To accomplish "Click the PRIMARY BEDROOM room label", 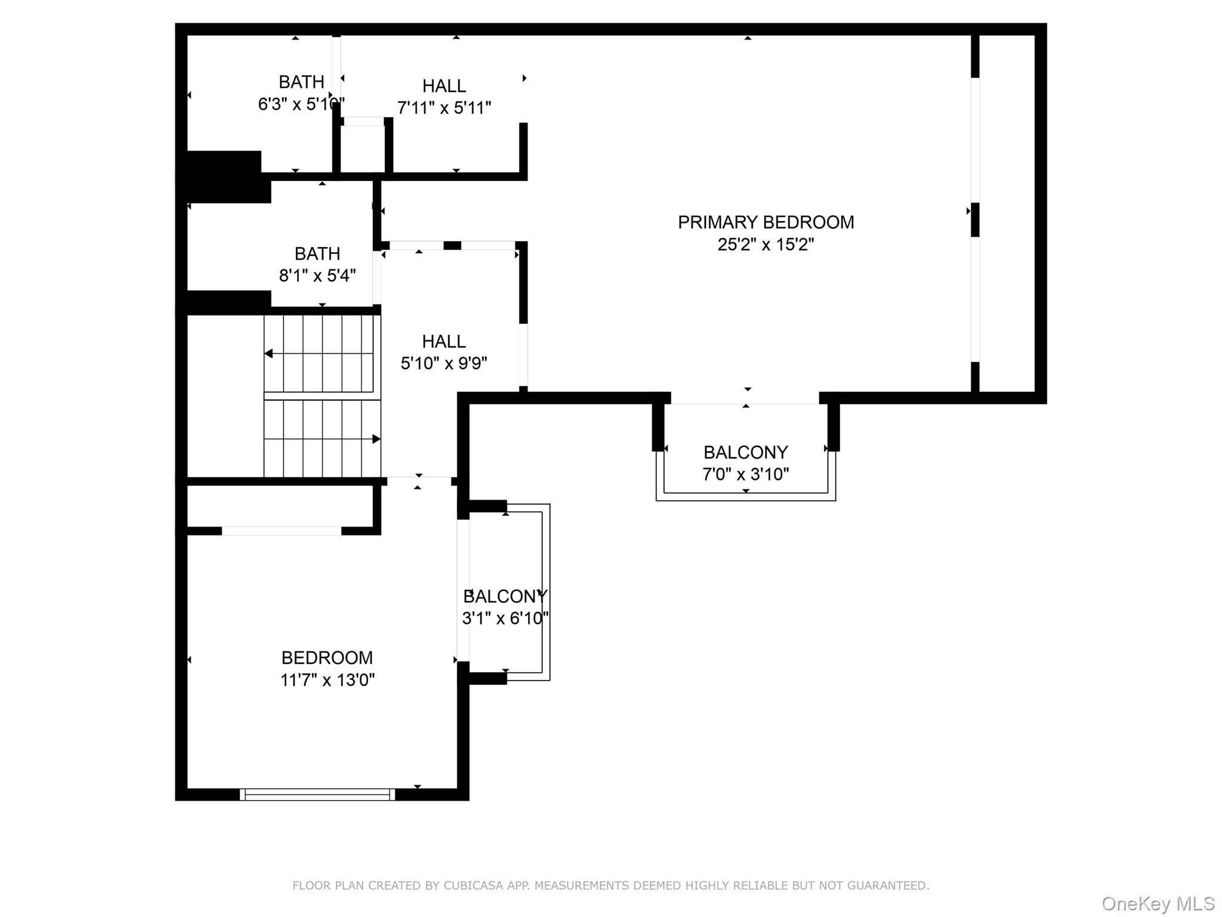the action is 766,222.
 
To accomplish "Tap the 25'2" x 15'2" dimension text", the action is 766,244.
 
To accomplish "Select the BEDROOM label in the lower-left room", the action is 327,657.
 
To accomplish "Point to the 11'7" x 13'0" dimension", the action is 327,679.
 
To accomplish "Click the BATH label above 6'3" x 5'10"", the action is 301,82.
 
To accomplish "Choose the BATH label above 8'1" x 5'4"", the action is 317,254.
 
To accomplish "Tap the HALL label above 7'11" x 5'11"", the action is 444,86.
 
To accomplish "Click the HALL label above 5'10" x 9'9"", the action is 444,341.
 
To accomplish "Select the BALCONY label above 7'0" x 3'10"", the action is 745,452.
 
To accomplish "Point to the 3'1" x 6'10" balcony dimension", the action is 505,618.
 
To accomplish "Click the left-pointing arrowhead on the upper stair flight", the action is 269,353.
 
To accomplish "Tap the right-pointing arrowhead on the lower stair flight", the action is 377,439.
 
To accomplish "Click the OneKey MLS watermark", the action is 1158,904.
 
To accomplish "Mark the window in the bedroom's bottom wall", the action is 317,794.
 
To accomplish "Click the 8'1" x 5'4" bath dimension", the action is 317,275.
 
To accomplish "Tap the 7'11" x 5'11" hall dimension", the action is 444,107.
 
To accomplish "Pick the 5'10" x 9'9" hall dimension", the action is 444,363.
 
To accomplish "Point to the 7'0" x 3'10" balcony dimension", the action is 745,474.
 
